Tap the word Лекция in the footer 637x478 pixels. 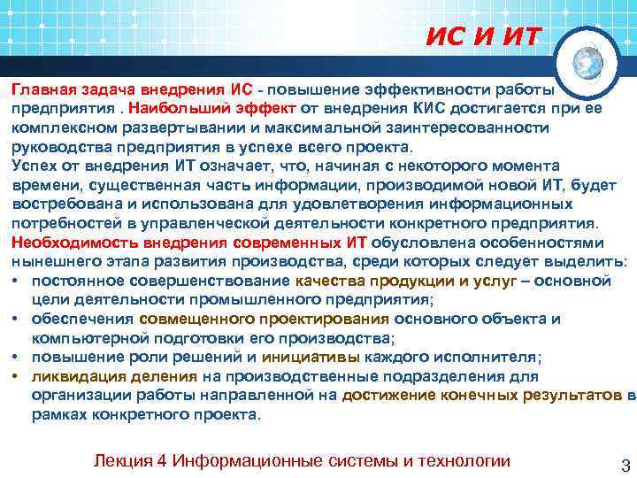[131, 461]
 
